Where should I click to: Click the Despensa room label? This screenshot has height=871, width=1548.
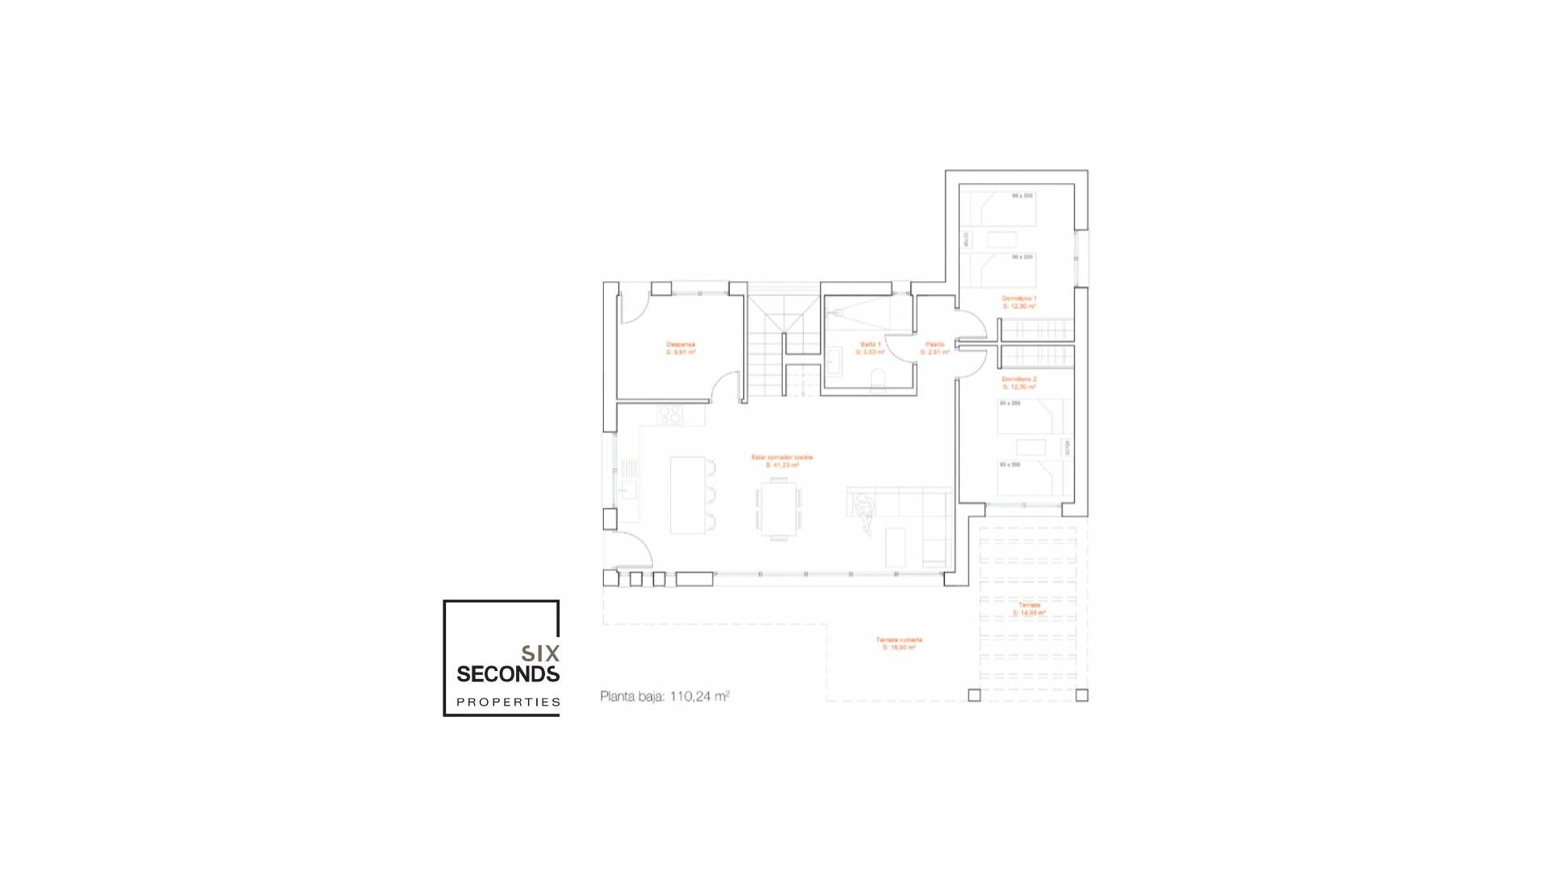click(x=680, y=348)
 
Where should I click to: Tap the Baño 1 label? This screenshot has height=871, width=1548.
click(x=870, y=348)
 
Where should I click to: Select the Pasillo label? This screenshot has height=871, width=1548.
click(x=934, y=348)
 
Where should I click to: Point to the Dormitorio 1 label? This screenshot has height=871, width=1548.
click(x=1019, y=302)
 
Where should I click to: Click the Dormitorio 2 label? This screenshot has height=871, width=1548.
click(x=1019, y=382)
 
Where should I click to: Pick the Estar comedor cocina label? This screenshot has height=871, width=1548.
click(x=781, y=461)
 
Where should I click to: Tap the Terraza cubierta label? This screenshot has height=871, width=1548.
click(x=899, y=643)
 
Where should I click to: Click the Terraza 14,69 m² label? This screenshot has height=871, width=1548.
click(x=1029, y=609)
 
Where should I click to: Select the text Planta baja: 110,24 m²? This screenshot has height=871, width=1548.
click(x=664, y=696)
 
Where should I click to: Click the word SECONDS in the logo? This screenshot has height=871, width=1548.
click(x=508, y=674)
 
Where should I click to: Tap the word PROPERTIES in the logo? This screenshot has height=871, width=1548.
click(x=508, y=702)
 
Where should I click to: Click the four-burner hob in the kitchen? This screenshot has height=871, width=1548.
click(x=670, y=415)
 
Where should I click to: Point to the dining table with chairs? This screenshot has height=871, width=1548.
click(x=779, y=508)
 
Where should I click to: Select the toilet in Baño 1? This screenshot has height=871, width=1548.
click(x=878, y=381)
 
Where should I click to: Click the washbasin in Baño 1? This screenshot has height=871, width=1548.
click(x=834, y=360)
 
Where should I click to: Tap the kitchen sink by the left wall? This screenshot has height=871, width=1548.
click(x=627, y=489)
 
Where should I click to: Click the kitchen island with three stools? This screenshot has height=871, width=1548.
click(x=688, y=494)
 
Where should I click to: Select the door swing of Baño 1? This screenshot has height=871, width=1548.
click(x=899, y=347)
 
